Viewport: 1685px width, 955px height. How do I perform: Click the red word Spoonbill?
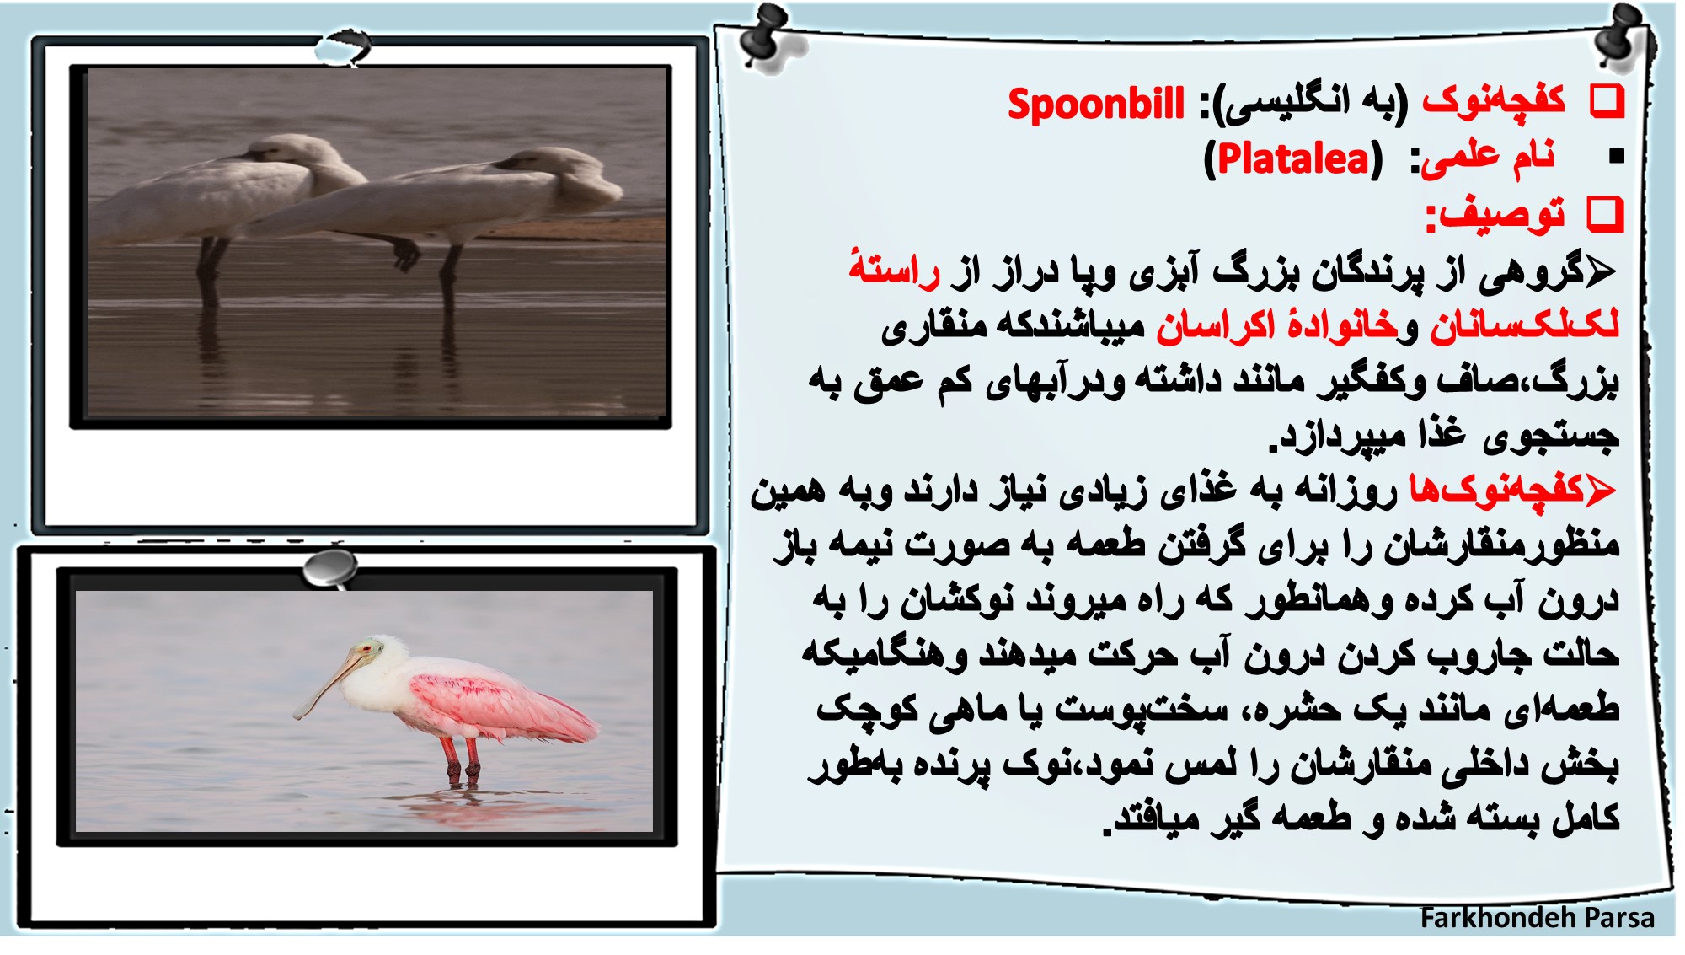coord(1096,105)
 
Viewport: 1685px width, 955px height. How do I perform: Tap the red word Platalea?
coord(1294,158)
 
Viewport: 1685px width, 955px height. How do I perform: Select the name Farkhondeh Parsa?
coord(1537,917)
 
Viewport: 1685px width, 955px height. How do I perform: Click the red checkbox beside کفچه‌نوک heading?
coord(1607,101)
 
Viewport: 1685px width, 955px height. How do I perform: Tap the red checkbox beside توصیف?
coord(1605,214)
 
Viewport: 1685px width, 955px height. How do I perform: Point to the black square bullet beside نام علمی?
coord(1616,156)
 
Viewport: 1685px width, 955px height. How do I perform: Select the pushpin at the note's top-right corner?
coord(1624,35)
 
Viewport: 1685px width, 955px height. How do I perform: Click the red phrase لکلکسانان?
coord(1525,325)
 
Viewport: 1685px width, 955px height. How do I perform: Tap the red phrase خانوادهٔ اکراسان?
coord(1277,325)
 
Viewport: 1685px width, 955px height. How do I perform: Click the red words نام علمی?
coord(1488,158)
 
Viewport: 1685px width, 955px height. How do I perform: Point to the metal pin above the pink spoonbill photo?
coord(330,568)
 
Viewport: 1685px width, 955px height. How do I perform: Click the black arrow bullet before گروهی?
coord(1601,271)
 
